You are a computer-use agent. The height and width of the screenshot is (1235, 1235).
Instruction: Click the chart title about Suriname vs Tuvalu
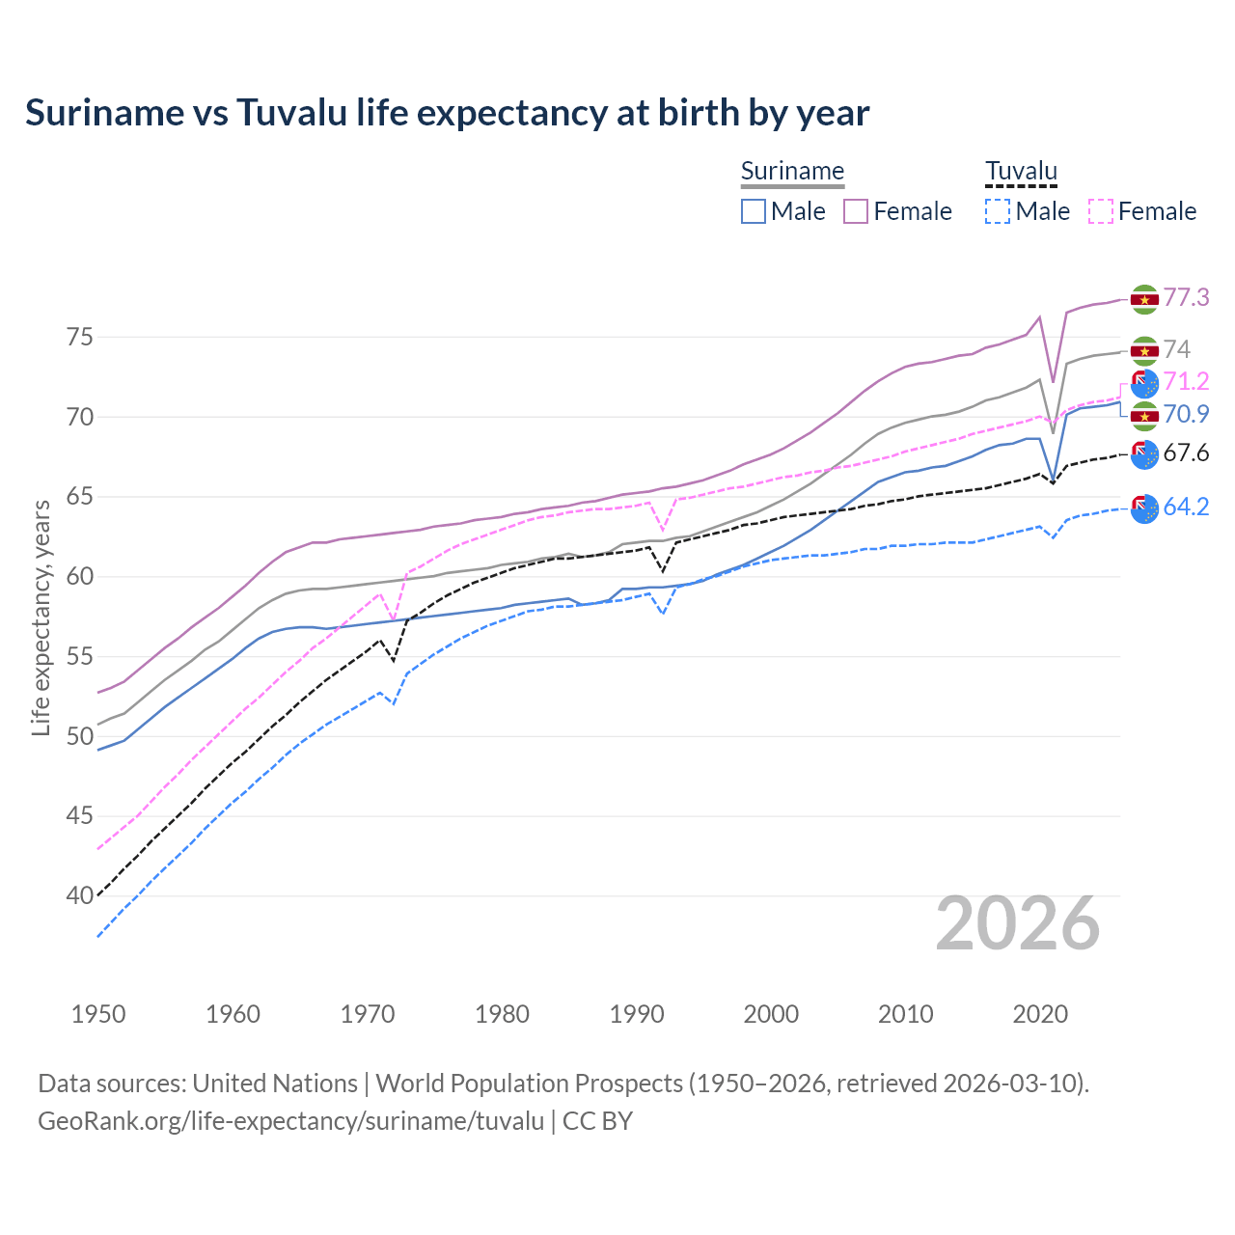pyautogui.click(x=447, y=113)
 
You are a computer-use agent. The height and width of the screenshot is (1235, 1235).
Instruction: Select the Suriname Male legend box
pyautogui.click(x=754, y=211)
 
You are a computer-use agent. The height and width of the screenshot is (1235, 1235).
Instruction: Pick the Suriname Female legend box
pyautogui.click(x=856, y=211)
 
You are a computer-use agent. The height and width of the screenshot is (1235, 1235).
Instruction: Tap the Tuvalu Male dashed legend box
pyautogui.click(x=998, y=211)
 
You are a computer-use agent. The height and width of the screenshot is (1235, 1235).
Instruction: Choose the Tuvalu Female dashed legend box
pyautogui.click(x=1101, y=211)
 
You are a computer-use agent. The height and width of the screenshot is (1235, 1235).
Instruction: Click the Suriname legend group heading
pyautogui.click(x=792, y=172)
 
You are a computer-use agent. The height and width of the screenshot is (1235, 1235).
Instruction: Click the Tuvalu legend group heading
pyautogui.click(x=1021, y=172)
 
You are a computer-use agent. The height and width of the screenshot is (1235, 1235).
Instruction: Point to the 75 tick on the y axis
pyautogui.click(x=79, y=338)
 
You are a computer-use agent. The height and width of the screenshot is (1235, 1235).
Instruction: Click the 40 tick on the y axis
pyautogui.click(x=79, y=896)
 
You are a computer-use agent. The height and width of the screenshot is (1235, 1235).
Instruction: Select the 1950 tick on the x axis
pyautogui.click(x=98, y=1014)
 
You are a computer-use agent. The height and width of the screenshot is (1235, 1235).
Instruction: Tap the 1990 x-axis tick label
pyautogui.click(x=637, y=1014)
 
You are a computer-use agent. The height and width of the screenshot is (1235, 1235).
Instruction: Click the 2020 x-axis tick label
pyautogui.click(x=1040, y=1014)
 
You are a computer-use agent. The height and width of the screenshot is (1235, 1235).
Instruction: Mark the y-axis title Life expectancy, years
pyautogui.click(x=41, y=617)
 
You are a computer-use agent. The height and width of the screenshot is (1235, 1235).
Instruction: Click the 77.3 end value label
pyautogui.click(x=1186, y=298)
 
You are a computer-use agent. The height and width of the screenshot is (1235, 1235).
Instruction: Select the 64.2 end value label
pyautogui.click(x=1186, y=508)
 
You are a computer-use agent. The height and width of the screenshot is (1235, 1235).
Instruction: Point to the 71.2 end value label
pyautogui.click(x=1186, y=382)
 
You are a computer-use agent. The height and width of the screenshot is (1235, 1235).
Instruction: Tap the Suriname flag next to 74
pyautogui.click(x=1144, y=350)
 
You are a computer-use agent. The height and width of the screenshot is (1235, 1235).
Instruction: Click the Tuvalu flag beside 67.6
pyautogui.click(x=1144, y=453)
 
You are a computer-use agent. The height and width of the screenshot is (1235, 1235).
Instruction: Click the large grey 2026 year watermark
pyautogui.click(x=1018, y=924)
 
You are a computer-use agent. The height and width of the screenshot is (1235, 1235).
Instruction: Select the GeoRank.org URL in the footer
pyautogui.click(x=290, y=1121)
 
